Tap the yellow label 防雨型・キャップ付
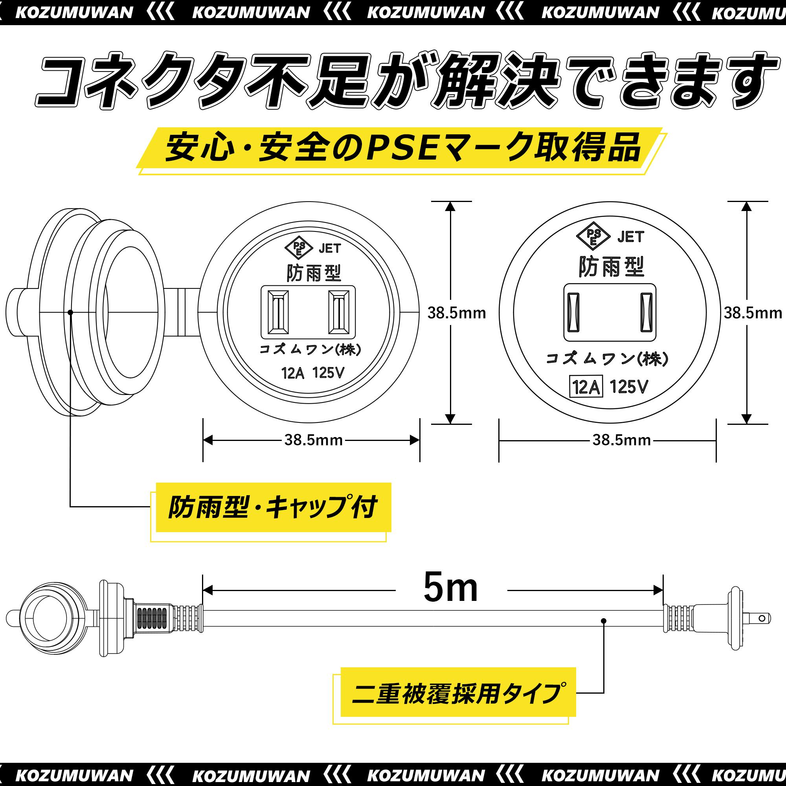pyautogui.click(x=274, y=507)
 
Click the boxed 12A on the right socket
pyautogui.click(x=586, y=387)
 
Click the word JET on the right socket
pyautogui.click(x=631, y=236)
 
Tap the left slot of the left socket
pyautogui.click(x=278, y=312)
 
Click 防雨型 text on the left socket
pyautogui.click(x=314, y=272)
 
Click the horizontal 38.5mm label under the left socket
pyautogui.click(x=313, y=440)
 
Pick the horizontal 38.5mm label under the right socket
pyautogui.click(x=622, y=440)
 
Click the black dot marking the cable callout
pyautogui.click(x=604, y=621)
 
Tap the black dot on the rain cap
pyautogui.click(x=70, y=312)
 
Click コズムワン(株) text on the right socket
pyautogui.click(x=607, y=358)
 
